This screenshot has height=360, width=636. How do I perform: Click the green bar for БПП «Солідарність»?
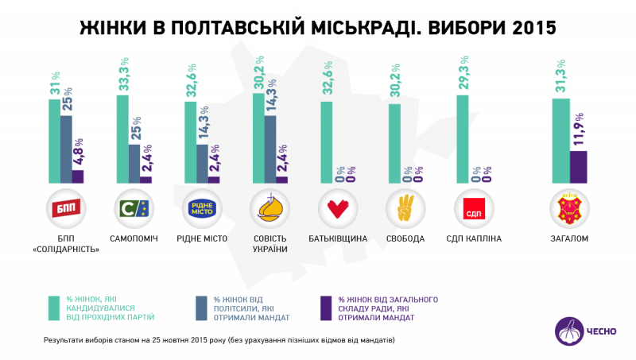pyautogui.click(x=54, y=141)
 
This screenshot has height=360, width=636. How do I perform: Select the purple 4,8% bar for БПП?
pyautogui.click(x=78, y=176)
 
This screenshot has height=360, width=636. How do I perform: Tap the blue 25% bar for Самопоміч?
pyautogui.click(x=134, y=164)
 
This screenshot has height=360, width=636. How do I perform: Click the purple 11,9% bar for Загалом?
pyautogui.click(x=579, y=167)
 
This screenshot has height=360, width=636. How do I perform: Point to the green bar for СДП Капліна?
pyautogui.click(x=463, y=139)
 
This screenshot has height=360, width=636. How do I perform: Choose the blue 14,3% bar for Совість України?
pyautogui.click(x=270, y=149)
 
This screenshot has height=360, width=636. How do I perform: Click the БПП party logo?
pyautogui.click(x=67, y=209)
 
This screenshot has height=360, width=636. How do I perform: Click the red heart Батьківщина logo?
pyautogui.click(x=338, y=209)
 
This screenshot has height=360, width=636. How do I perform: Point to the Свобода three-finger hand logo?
pyautogui.click(x=405, y=209)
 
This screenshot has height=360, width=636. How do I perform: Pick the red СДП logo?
pyautogui.click(x=474, y=209)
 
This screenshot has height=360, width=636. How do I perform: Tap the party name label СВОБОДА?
pyautogui.click(x=405, y=238)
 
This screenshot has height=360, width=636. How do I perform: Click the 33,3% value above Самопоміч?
pyautogui.click(x=122, y=76)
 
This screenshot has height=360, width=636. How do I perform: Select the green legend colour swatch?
pyautogui.click(x=54, y=308)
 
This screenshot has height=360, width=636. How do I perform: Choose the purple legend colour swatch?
pyautogui.click(x=324, y=308)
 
